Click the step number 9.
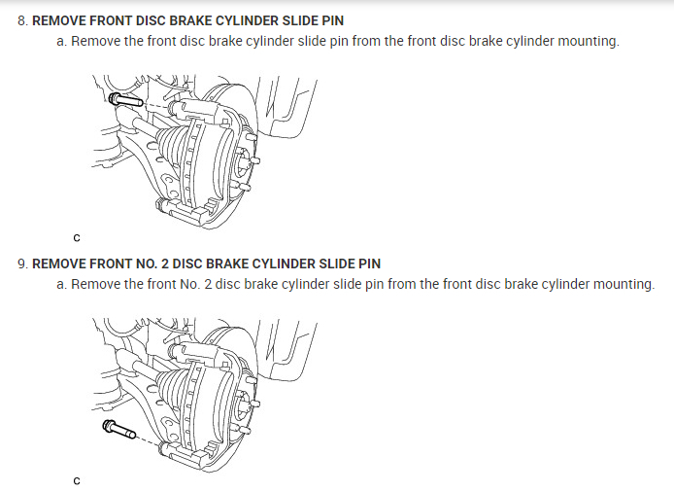coord(22,264)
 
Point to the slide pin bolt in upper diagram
coord(123,99)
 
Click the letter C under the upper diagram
coord(77,237)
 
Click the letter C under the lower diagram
coord(77,480)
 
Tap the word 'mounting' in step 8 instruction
coord(587,42)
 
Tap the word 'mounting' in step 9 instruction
coord(623,284)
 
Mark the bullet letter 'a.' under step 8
coord(63,42)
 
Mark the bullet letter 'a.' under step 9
coord(63,284)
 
